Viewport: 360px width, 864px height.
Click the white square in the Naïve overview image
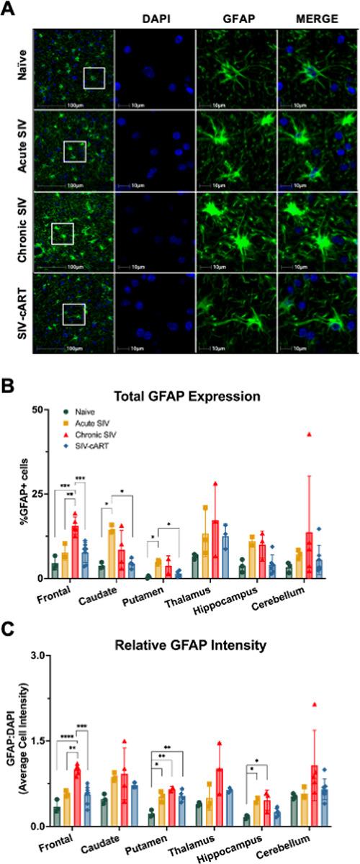click(95, 78)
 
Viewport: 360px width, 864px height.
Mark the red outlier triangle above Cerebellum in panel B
click(309, 434)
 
